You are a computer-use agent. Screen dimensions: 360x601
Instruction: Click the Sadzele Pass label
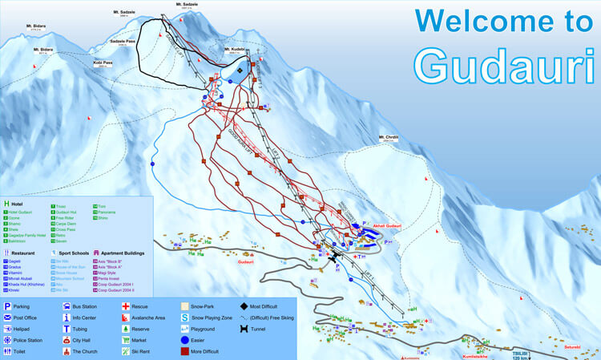122,40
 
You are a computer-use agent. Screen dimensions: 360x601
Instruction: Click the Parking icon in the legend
8,306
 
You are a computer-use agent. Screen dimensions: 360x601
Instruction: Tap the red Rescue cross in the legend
125,306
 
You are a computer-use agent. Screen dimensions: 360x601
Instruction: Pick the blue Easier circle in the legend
184,340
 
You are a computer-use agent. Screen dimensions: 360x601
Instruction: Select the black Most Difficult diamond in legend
244,306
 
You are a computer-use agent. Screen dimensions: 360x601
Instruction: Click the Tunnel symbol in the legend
244,329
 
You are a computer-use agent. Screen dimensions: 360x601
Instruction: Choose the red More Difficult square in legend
184,351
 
